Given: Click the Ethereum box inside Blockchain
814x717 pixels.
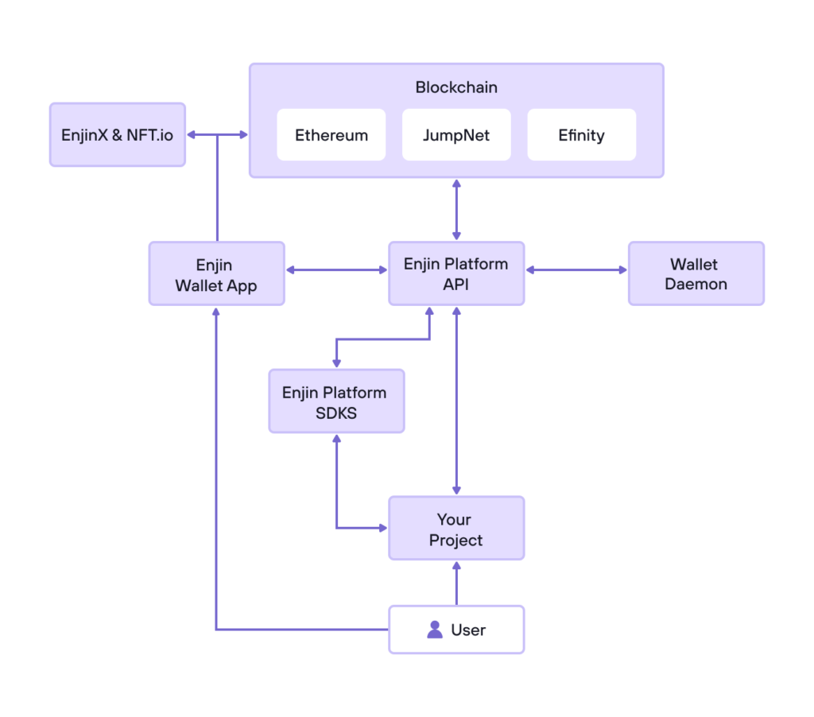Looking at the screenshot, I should (x=331, y=135).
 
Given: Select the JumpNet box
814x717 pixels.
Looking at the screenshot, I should (x=456, y=135).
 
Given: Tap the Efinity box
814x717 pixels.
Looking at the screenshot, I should (x=581, y=135).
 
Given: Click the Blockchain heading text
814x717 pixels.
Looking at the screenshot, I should (x=456, y=87).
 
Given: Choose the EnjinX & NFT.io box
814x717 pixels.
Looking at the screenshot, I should (x=117, y=134).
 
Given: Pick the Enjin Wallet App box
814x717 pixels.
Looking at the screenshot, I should (x=216, y=273).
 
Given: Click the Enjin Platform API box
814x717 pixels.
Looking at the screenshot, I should (x=456, y=273).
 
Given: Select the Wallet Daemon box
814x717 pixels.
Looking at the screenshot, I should (x=696, y=273).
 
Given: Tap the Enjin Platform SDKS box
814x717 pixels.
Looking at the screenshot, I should (x=336, y=401).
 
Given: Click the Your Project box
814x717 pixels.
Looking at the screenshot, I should (x=456, y=529).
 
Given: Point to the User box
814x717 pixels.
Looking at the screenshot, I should (x=456, y=630).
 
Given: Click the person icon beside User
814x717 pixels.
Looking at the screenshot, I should (x=435, y=630).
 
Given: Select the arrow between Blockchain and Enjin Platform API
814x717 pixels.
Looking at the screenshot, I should (x=456, y=209).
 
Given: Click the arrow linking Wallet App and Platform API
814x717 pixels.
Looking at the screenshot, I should (x=336, y=270).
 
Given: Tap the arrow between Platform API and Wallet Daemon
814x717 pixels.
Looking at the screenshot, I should (x=576, y=270).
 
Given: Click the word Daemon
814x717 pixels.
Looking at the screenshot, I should (x=696, y=284).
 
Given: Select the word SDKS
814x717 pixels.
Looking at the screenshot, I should (x=336, y=413).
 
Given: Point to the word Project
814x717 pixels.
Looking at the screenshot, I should (x=456, y=541).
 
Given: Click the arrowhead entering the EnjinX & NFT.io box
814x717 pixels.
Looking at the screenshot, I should (x=192, y=135).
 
